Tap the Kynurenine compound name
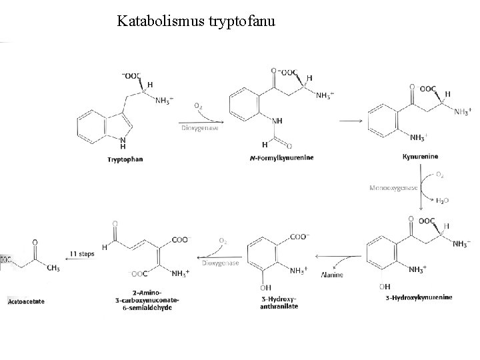pos(420,157)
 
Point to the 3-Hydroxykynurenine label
pos(419,297)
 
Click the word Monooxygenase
pos(393,188)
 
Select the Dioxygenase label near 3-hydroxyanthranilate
pos(217,263)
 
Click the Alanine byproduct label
pos(332,275)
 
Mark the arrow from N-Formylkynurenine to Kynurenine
pos(352,121)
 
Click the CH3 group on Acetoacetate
pos(53,268)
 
